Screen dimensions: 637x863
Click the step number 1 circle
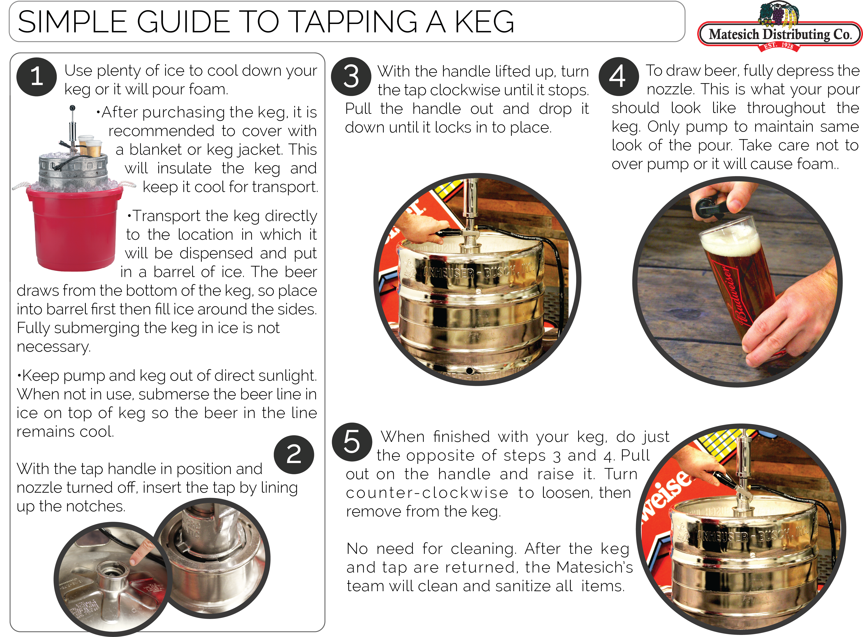[x=37, y=76]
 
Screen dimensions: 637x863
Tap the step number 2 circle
[x=294, y=454]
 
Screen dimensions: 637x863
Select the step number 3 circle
[x=351, y=76]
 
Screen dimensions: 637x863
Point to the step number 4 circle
[x=618, y=76]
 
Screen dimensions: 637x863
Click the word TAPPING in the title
[x=353, y=22]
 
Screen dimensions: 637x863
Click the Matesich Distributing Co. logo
[x=779, y=34]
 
